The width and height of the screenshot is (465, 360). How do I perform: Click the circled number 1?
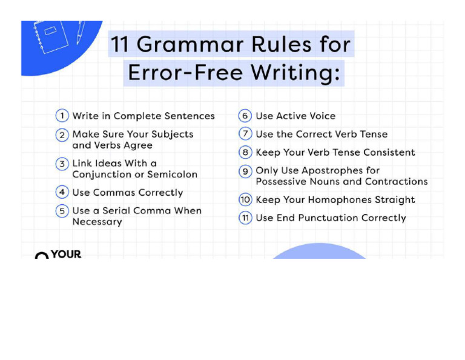[62, 116]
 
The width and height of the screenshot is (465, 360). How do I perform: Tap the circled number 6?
[245, 116]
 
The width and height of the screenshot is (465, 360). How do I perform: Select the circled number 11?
[245, 218]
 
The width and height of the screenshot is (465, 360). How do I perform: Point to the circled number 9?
[245, 171]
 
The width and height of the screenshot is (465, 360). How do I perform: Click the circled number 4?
[62, 193]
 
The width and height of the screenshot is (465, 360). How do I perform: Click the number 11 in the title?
[121, 45]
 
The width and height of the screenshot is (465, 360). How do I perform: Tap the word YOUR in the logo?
[66, 255]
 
